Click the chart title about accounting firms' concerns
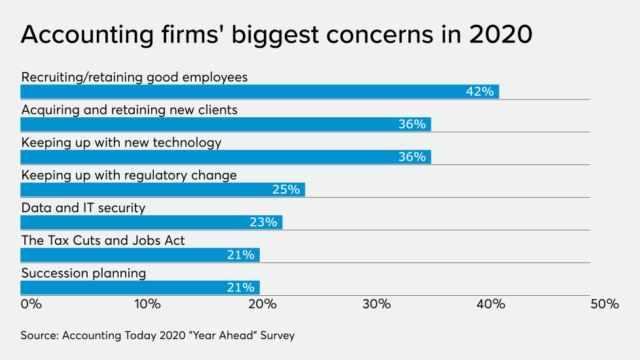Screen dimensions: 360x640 [276, 34]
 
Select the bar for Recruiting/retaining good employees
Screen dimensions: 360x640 [259, 92]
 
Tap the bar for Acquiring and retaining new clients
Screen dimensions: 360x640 [225, 124]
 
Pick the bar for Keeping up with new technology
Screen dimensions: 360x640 [225, 157]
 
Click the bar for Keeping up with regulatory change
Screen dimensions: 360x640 [162, 190]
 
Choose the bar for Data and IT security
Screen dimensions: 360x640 [151, 223]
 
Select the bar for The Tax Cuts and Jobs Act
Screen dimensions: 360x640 [140, 255]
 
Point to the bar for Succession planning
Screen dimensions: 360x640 [140, 288]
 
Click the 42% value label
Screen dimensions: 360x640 [480, 92]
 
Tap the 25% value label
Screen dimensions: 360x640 [286, 190]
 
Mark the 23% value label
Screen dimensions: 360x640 [263, 223]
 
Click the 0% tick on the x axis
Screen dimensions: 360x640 [31, 304]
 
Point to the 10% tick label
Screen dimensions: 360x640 [147, 304]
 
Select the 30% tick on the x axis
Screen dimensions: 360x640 [376, 304]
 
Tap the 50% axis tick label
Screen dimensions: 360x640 [605, 304]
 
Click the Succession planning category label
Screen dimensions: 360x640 [84, 274]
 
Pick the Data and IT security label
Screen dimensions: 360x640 [83, 208]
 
